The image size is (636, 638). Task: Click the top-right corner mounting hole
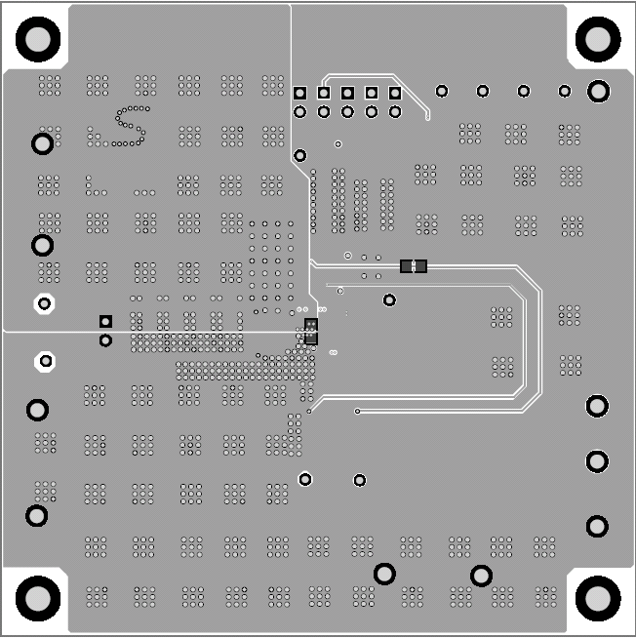pos(597,39)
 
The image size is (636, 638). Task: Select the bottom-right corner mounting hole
pos(597,597)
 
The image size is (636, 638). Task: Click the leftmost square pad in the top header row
pos(300,93)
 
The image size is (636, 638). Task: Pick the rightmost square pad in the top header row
pos(395,93)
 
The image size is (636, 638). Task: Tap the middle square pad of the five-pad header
pos(348,93)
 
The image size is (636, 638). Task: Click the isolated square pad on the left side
pos(105,321)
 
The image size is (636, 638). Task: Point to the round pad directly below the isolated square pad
pos(105,340)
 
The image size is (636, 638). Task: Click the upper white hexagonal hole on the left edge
pos(44,303)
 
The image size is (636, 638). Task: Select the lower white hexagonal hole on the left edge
pos(44,362)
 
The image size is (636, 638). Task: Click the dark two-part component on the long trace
pos(414,265)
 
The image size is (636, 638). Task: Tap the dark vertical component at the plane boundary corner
pos(311,331)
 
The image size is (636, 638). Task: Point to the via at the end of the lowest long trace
pos(358,412)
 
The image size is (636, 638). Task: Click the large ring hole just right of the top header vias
pos(599,92)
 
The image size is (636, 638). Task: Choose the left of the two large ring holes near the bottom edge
pos(385,574)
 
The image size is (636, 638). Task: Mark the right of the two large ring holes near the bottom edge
pos(481,576)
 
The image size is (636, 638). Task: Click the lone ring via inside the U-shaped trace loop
pos(390,300)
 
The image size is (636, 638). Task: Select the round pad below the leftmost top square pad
pos(300,112)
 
